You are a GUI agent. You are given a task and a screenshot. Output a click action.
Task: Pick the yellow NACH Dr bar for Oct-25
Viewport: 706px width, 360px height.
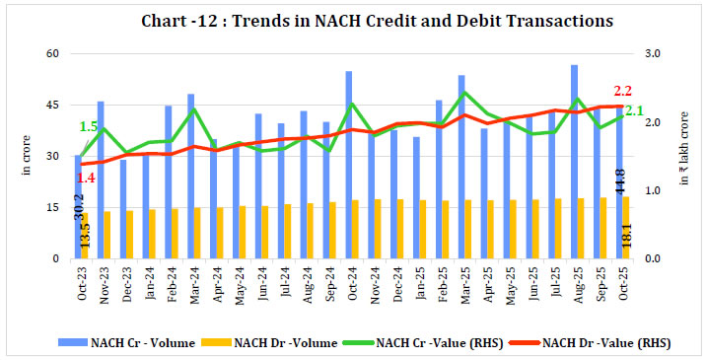626,228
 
